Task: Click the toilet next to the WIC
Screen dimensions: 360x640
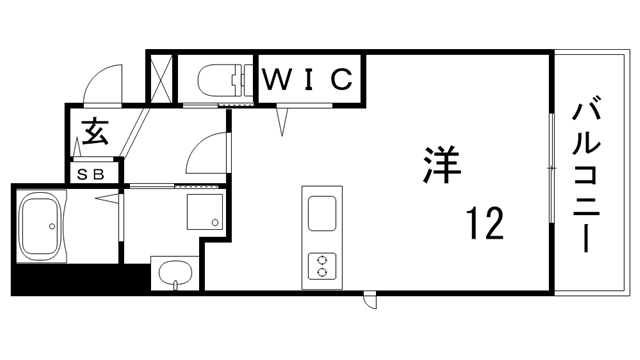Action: pos(217,78)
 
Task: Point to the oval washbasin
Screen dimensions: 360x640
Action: pos(175,274)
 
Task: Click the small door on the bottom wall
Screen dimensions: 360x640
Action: pos(371,299)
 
